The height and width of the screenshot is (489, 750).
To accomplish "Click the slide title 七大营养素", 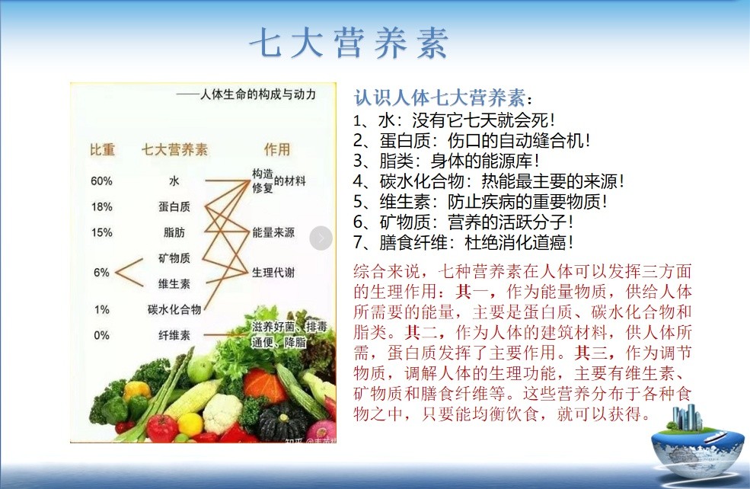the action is point(349,43).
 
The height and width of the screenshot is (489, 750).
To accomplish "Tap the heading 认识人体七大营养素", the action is point(440,97).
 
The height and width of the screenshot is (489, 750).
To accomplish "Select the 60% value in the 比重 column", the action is point(101,181).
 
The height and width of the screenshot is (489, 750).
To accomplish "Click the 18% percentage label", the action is point(101,206).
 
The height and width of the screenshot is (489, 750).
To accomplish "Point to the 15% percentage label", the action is point(101,232).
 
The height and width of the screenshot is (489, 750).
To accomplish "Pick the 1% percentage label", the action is point(101,309).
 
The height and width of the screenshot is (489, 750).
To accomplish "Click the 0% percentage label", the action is point(101,335).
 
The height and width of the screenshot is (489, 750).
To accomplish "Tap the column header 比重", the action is point(102,150).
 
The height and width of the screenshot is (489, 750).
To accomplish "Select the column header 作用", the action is point(277,150).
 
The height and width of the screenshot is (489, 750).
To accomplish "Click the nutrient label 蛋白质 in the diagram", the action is point(174,206).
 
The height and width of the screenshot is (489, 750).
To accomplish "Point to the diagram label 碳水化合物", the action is point(174,309).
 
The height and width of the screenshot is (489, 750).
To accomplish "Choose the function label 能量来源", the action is point(273,232).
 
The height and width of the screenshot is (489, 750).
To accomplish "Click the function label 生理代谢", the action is point(273,273).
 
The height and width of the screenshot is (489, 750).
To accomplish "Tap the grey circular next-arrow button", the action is point(321,238).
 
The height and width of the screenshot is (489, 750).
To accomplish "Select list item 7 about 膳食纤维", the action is point(463,242).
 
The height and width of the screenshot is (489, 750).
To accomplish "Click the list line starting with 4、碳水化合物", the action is point(488,181).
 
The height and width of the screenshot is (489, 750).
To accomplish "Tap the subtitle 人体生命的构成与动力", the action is point(258,94).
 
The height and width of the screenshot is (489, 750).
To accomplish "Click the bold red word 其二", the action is point(420,332).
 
